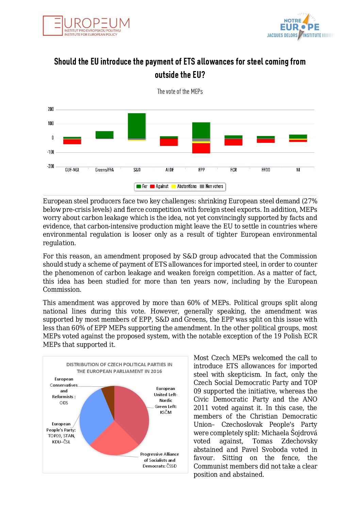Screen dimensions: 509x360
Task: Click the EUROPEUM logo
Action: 86,26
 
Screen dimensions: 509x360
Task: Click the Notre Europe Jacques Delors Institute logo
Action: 300,27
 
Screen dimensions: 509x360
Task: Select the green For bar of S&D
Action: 137,125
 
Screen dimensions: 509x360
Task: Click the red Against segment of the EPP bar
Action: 201,148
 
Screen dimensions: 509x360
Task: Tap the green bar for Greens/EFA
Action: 104,135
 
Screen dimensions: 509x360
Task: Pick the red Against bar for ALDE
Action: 169,142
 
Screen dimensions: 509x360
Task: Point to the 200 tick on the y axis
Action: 51,109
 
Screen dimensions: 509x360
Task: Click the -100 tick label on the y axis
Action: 50,152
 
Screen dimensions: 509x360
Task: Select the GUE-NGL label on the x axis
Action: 72,170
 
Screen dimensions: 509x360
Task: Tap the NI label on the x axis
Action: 298,170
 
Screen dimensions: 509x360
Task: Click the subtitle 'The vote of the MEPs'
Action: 180,91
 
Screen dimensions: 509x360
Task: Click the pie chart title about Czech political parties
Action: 119,368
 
